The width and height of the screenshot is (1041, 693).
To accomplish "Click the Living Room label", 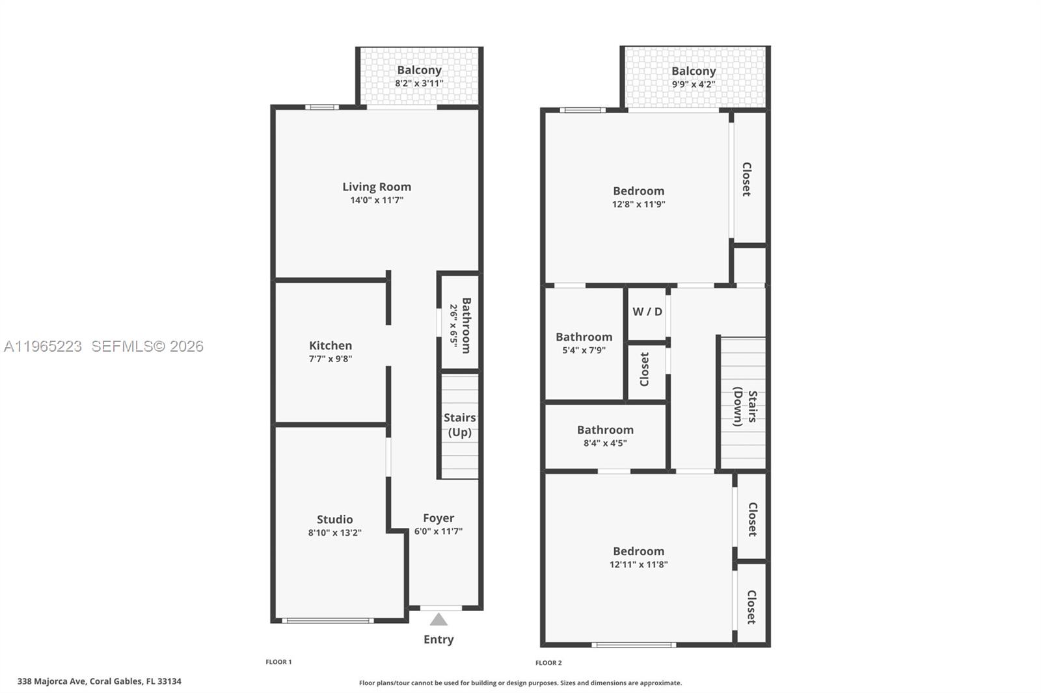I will point(377,187).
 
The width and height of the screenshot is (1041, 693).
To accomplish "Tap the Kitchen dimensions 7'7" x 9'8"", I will point(331,359).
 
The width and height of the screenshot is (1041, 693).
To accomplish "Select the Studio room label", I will point(334,519).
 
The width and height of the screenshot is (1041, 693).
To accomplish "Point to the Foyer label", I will point(439,518).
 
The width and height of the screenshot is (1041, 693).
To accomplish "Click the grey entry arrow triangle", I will point(439,620).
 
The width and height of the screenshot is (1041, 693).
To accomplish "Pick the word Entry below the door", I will point(439,640).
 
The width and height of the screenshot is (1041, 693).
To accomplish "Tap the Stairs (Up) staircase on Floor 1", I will point(460,425).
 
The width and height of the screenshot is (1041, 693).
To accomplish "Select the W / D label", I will point(647,312).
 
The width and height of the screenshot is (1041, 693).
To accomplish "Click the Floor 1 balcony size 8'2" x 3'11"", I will point(419,83).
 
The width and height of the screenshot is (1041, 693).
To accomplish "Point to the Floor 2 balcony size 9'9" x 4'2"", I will point(694,85).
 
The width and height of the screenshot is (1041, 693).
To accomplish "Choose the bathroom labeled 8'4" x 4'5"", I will point(605,436).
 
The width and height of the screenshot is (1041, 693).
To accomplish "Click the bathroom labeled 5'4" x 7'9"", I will point(584,343).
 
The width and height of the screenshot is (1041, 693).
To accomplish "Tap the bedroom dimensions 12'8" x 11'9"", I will point(638,204).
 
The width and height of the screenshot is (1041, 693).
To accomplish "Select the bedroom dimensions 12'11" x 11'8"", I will point(638,565).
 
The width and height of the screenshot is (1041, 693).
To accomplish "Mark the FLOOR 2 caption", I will point(548,663).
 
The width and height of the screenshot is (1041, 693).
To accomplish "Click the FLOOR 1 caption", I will point(278,662).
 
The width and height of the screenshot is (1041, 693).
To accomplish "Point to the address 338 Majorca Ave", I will point(100,681).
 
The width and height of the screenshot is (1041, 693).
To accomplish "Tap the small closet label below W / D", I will point(645,369).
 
